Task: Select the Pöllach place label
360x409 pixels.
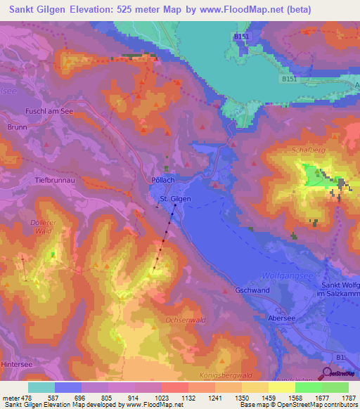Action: click(x=163, y=179)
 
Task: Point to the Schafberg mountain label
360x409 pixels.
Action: click(x=304, y=150)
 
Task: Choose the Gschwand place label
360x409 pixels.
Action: click(x=254, y=290)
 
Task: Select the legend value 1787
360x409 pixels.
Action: click(x=347, y=398)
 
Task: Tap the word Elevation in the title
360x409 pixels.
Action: click(x=94, y=11)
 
